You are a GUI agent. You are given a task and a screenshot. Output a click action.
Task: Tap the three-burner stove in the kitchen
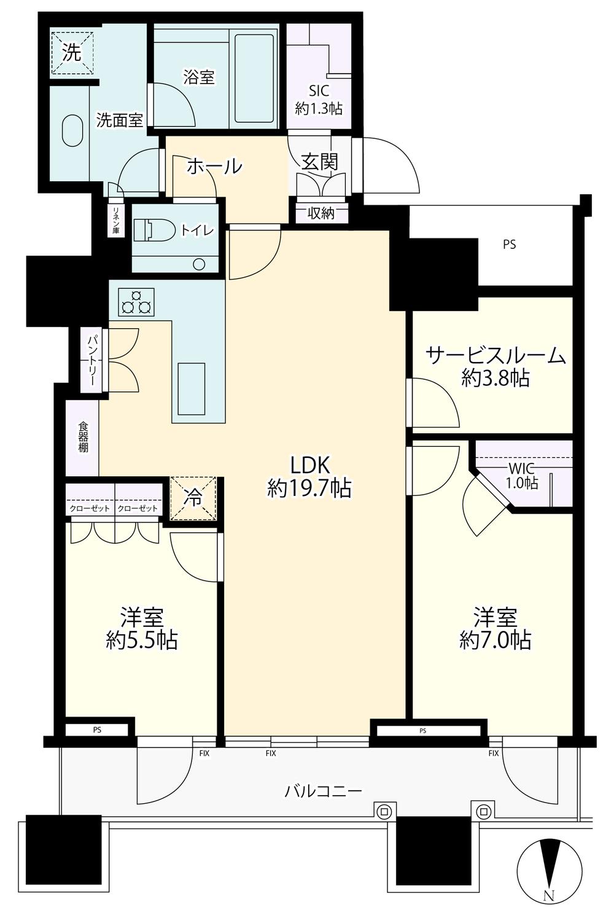pos(136,302)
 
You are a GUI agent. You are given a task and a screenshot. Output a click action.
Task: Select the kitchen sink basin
pos(191,389)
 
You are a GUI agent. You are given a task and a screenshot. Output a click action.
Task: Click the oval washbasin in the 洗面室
pos(72,130)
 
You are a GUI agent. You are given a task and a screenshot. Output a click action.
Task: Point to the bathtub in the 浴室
pos(254,79)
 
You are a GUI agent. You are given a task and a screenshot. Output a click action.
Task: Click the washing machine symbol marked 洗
pos(72,53)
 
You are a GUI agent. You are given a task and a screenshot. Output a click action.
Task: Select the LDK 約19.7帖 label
pos(309,476)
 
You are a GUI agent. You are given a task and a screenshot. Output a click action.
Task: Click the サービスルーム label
pos(495,355)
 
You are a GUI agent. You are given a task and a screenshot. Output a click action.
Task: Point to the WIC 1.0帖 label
pos(522,475)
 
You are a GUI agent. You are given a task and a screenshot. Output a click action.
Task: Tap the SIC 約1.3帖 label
pos(319,100)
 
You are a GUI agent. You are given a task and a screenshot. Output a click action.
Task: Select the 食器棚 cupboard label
pos(84,438)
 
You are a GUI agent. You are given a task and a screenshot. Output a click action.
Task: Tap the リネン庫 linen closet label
pos(116,221)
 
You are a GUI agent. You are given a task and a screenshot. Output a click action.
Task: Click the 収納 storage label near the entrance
pos(321,213)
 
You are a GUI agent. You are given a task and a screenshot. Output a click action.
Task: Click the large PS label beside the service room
pos(510,245)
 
